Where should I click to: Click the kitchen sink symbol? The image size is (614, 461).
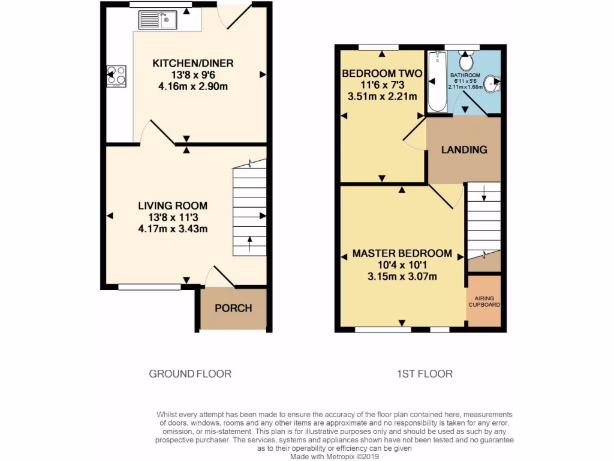(x=156, y=20)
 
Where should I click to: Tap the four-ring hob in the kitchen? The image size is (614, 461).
(x=116, y=76)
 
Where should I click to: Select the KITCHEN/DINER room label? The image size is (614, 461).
(x=192, y=64)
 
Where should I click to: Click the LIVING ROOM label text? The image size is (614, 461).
(x=173, y=206)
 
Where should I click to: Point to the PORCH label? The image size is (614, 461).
(x=233, y=308)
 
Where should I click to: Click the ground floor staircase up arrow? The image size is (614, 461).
(x=249, y=243)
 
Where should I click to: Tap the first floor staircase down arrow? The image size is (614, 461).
(x=483, y=194)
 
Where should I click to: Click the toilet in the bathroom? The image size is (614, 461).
(x=466, y=61)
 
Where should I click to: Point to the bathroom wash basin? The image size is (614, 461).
(x=491, y=84)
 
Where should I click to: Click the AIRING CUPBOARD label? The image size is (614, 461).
(x=484, y=301)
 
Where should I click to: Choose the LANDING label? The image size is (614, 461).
(x=464, y=149)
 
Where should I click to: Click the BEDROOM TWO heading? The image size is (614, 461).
(x=381, y=74)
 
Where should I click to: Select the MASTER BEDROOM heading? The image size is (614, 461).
(x=401, y=253)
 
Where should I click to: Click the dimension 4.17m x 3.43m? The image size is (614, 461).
(x=173, y=229)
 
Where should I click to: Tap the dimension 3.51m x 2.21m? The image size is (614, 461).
(x=381, y=96)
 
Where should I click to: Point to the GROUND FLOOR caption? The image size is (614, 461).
(x=190, y=374)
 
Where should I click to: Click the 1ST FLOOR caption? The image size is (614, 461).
(x=425, y=374)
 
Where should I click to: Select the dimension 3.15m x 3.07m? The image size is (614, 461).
(x=401, y=276)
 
